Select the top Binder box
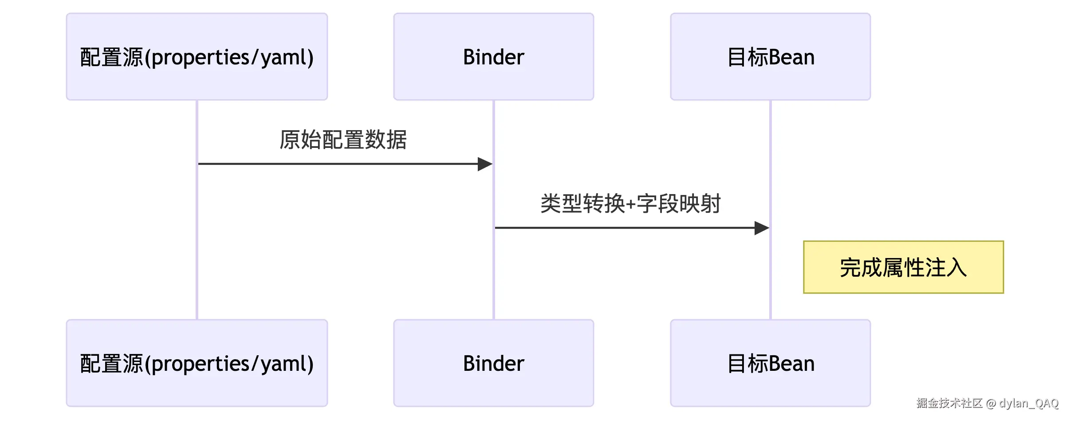(493, 57)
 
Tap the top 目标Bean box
(770, 57)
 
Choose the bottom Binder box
(493, 363)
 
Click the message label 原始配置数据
(343, 140)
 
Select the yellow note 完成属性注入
(903, 267)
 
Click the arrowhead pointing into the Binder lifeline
(485, 164)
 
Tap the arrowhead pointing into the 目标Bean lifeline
(761, 228)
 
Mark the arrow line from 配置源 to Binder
(337, 164)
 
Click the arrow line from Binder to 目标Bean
(621, 228)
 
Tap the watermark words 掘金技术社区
(949, 403)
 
